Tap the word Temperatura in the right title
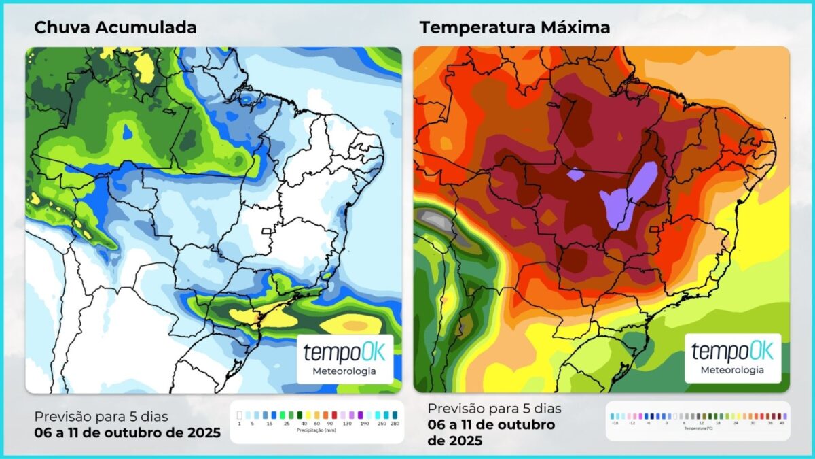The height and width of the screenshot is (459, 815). click(479, 27)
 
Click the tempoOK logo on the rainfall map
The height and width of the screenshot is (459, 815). click(344, 353)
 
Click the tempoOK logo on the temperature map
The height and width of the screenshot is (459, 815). click(732, 352)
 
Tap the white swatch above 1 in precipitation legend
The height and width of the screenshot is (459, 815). click(240, 414)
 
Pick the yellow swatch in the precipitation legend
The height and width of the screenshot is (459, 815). click(307, 414)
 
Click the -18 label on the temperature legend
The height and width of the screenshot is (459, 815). click(614, 423)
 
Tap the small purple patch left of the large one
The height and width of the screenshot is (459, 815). click(575, 175)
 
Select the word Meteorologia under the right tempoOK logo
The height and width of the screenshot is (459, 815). click(732, 370)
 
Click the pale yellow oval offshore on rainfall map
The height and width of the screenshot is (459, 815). click(350, 325)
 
